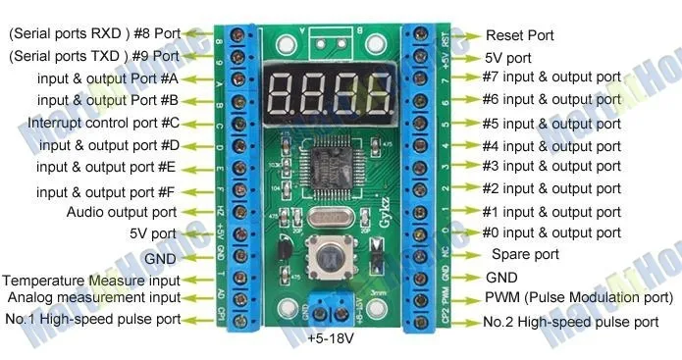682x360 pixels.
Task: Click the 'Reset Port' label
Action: [520, 35]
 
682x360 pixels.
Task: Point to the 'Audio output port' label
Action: [122, 211]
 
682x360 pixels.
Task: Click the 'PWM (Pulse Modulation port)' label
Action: [580, 297]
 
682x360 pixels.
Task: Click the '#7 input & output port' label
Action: [551, 77]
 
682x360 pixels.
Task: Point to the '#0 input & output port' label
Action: [551, 232]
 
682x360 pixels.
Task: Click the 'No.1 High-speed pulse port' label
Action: [92, 319]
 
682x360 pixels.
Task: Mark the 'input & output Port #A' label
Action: [108, 77]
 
